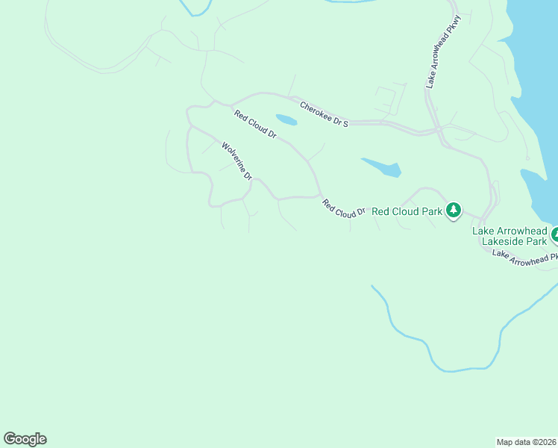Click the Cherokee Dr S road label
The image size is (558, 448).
coord(324,114)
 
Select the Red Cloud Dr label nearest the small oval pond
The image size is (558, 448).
coord(255,125)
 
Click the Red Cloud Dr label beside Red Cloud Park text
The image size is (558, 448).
coord(343,208)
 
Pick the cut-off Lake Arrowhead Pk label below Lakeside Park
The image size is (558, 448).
coord(524,255)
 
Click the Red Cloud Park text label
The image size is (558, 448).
coord(407,211)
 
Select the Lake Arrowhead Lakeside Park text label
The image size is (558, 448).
coord(510,236)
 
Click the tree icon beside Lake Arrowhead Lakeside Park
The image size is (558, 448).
coord(555,236)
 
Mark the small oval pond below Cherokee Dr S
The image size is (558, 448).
coord(286,119)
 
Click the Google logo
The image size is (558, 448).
coord(25,439)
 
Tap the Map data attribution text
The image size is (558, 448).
coord(527,441)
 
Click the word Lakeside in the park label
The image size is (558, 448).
coord(504,241)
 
